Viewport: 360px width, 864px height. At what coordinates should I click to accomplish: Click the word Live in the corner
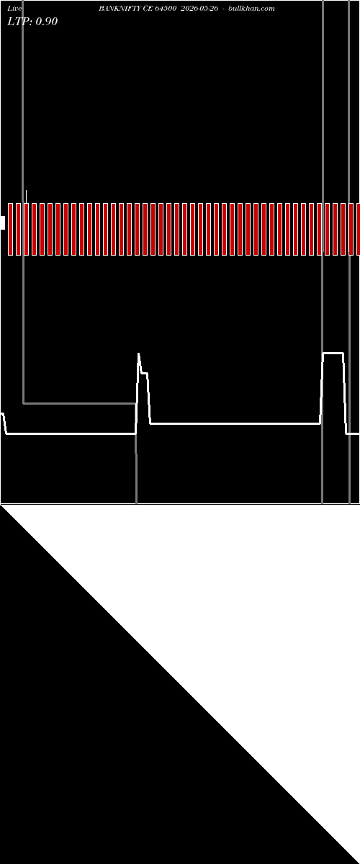pos(14,9)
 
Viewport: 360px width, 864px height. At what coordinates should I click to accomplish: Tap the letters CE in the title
pos(148,9)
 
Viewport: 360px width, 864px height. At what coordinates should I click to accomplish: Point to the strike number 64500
pos(166,9)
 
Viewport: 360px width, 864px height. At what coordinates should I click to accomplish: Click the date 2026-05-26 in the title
pos(199,9)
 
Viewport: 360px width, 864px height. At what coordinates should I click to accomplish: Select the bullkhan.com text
pos(251,9)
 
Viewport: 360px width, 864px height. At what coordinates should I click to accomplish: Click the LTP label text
pos(19,21)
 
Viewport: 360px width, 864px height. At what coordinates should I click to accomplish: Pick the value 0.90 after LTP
pos(47,21)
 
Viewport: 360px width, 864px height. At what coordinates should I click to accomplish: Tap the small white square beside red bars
pos(2,222)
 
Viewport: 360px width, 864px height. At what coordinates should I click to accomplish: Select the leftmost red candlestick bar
pos(10,229)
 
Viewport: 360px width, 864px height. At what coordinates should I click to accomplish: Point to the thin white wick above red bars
pos(26,197)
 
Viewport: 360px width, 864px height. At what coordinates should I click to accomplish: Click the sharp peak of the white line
pos(138,354)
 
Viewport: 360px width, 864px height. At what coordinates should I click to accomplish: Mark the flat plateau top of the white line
pos(333,353)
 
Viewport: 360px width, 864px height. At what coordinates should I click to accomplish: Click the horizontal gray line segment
pos(80,403)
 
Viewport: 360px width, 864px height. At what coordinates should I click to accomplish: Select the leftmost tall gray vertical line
pos(23,202)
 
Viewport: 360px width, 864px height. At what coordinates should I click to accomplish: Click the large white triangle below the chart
pos(239,625)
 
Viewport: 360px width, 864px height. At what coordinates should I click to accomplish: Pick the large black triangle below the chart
pos(120,744)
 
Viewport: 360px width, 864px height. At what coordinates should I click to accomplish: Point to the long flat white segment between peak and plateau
pos(235,423)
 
